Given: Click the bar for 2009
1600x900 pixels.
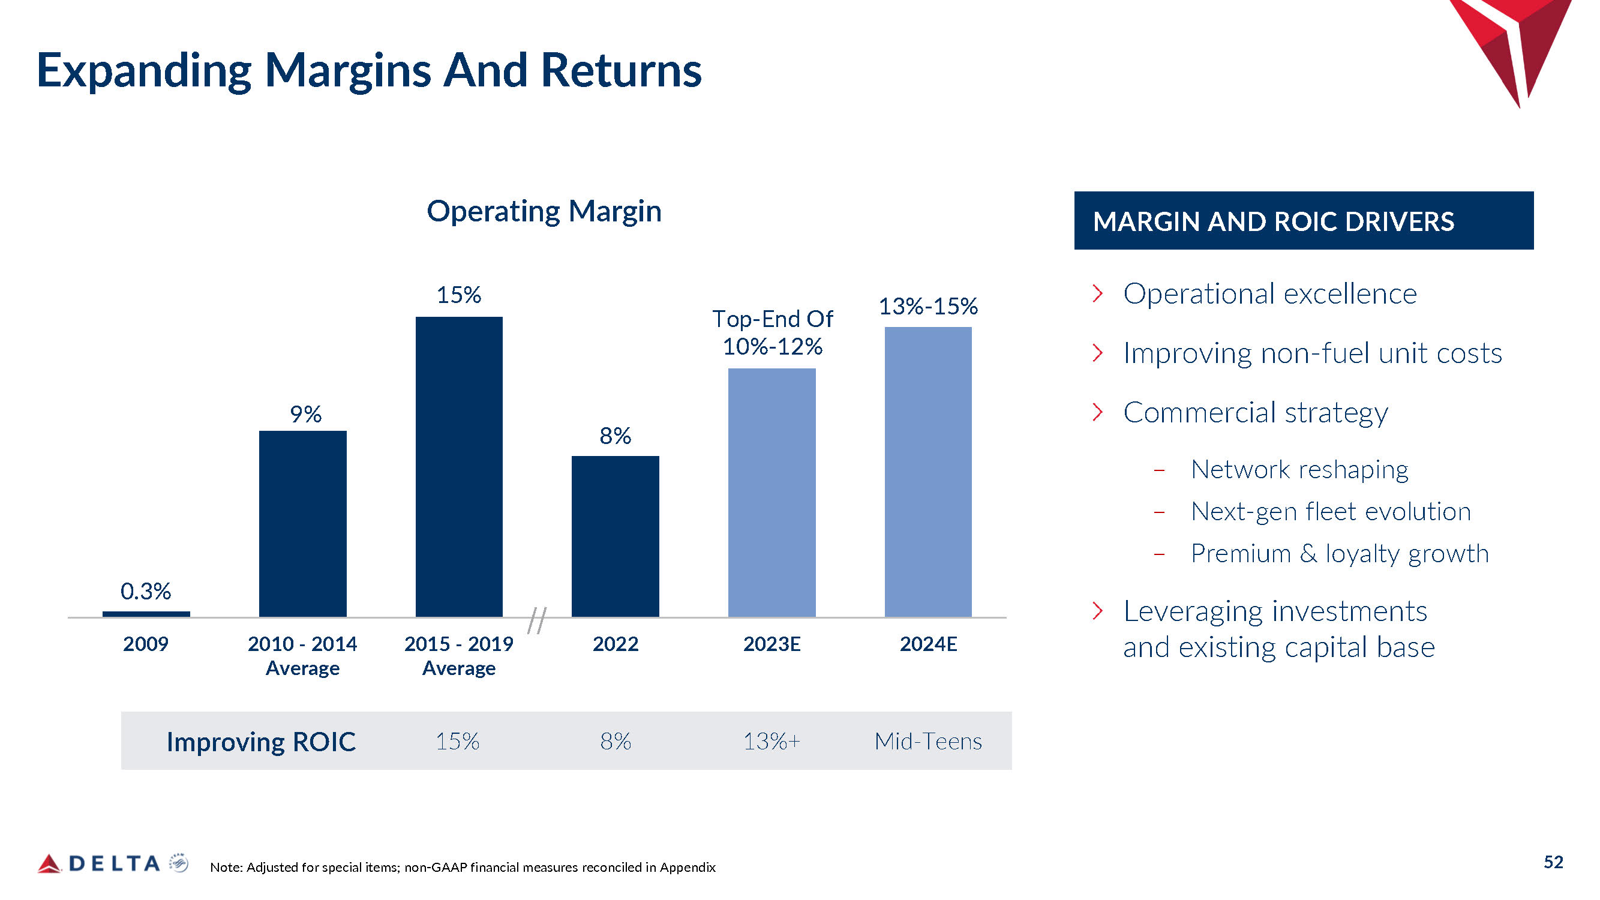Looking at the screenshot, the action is [x=146, y=614].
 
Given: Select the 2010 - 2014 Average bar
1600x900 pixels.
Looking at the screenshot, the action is [x=302, y=524].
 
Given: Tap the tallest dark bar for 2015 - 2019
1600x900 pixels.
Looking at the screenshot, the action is [x=459, y=466].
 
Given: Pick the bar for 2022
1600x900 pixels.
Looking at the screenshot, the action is [x=615, y=536].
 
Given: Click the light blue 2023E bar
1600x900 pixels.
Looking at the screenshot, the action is [x=772, y=493].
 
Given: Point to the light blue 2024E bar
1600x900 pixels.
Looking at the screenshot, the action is [x=928, y=472].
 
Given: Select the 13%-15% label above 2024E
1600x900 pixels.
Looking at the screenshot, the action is [x=928, y=306].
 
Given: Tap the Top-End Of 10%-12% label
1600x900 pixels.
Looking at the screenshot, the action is [x=772, y=332].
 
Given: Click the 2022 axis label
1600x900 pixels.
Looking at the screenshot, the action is [x=615, y=643].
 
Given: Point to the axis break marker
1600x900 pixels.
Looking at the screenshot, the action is [x=537, y=620].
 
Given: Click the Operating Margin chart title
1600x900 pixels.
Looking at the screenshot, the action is [x=544, y=211].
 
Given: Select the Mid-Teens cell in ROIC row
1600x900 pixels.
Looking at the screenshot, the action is [x=928, y=741].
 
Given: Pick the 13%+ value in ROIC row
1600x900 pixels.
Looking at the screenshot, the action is [x=772, y=741].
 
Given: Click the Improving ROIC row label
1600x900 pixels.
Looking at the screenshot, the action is [x=261, y=742].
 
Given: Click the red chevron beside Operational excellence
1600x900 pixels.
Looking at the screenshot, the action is [x=1097, y=293].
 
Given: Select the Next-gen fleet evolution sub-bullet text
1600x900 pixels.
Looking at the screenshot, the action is [x=1331, y=512].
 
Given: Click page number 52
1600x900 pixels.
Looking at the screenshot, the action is [x=1553, y=862].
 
